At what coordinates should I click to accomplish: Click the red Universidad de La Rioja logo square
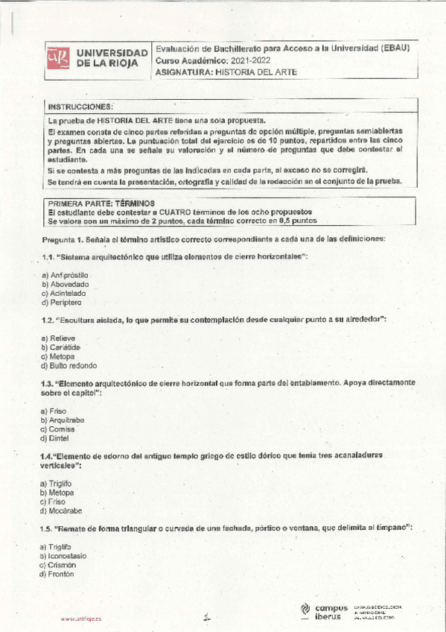(58, 58)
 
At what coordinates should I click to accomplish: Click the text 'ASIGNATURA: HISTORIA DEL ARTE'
(226, 72)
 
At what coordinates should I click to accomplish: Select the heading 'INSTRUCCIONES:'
(80, 107)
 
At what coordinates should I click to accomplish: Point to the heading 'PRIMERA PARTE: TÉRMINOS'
(101, 203)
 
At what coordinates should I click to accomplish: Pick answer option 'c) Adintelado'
(63, 294)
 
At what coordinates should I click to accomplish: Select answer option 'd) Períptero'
(62, 303)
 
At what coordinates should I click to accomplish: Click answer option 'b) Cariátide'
(61, 347)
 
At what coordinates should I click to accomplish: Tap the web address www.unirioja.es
(81, 618)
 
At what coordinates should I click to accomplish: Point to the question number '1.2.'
(46, 319)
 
